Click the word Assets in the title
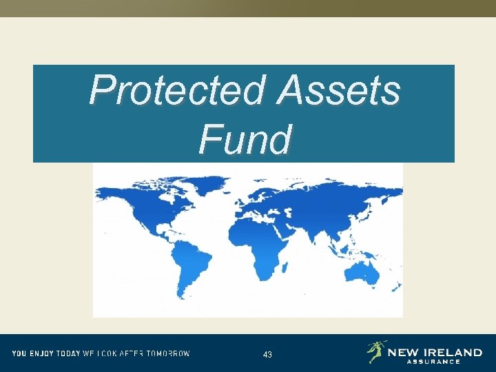338,91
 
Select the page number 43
267,355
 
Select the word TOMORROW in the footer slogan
167,354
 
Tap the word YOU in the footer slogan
18,354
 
